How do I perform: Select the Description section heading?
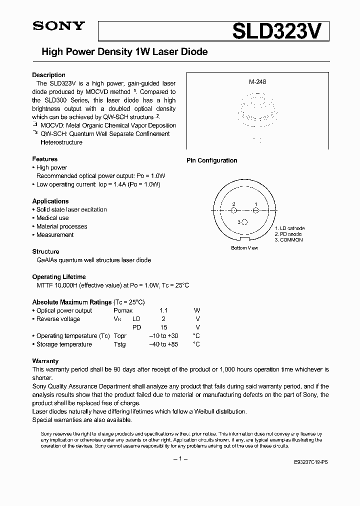[x=48, y=75]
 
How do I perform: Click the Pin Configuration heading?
[x=211, y=160]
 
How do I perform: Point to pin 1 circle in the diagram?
[x=256, y=210]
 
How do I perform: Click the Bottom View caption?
[x=244, y=248]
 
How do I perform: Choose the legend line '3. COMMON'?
[x=288, y=240]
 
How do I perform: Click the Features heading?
[x=44, y=159]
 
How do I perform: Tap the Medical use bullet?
[x=52, y=218]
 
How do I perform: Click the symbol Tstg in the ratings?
[x=119, y=344]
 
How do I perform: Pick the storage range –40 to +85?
[x=164, y=344]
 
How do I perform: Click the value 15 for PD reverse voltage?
[x=163, y=327]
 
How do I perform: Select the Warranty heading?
[x=45, y=360]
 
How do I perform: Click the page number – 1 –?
[x=179, y=459]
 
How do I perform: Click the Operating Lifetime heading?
[x=58, y=276]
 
